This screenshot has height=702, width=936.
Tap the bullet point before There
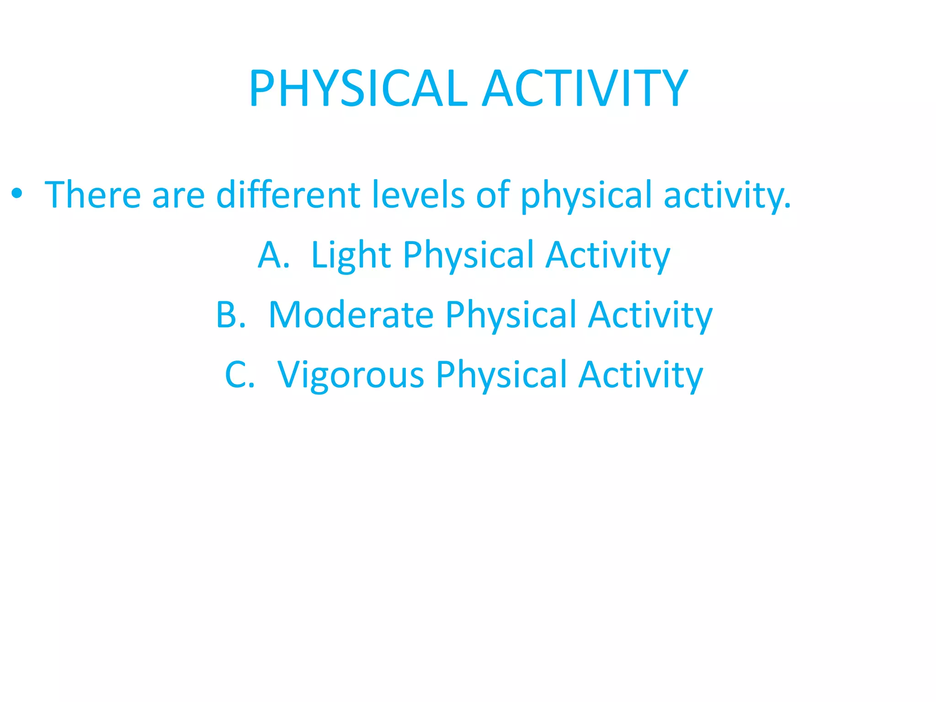(x=17, y=194)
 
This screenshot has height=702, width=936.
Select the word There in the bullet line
(x=93, y=195)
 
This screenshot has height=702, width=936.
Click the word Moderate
(x=351, y=315)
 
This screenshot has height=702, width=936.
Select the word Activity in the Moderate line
(x=650, y=316)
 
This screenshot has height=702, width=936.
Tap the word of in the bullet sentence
(x=493, y=195)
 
